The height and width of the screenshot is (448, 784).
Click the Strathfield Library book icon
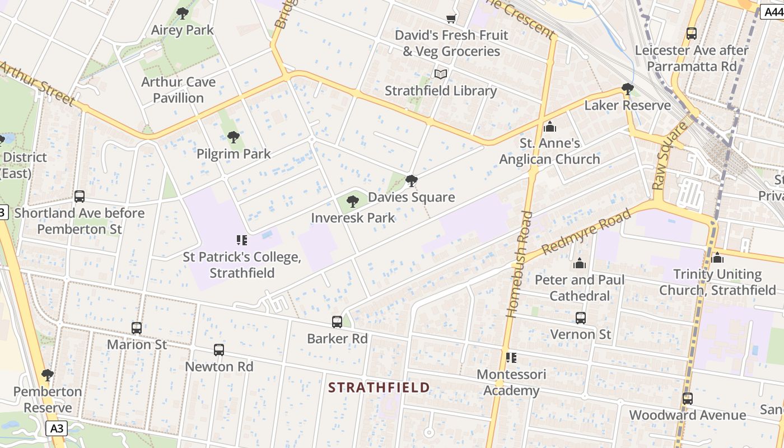coord(441,74)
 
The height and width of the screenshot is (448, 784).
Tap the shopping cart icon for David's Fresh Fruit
coord(451,18)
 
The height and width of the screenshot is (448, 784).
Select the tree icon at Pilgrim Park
coord(233,137)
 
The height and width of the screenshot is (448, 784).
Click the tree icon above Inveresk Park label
coord(352,201)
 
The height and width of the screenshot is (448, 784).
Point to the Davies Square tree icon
coord(412,180)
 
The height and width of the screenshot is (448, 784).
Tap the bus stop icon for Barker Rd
coord(337,322)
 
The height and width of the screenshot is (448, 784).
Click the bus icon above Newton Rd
coord(219,350)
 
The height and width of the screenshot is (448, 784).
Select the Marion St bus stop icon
coord(137,328)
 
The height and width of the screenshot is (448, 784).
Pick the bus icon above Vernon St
coord(581,318)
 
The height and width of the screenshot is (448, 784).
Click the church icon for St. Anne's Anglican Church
coord(549,127)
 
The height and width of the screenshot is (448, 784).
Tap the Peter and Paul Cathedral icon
coord(580,263)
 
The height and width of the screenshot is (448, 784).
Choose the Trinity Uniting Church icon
coord(717,258)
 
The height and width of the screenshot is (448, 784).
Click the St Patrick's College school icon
coord(242,240)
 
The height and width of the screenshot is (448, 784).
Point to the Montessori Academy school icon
coord(511,357)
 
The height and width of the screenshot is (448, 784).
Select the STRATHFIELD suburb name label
coord(379,388)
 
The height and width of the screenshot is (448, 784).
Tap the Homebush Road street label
coord(518,264)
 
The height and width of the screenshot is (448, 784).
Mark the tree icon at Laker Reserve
coord(628,89)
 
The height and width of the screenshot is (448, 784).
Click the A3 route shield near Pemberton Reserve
coord(57,429)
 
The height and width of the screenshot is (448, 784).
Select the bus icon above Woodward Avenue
coord(688,399)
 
